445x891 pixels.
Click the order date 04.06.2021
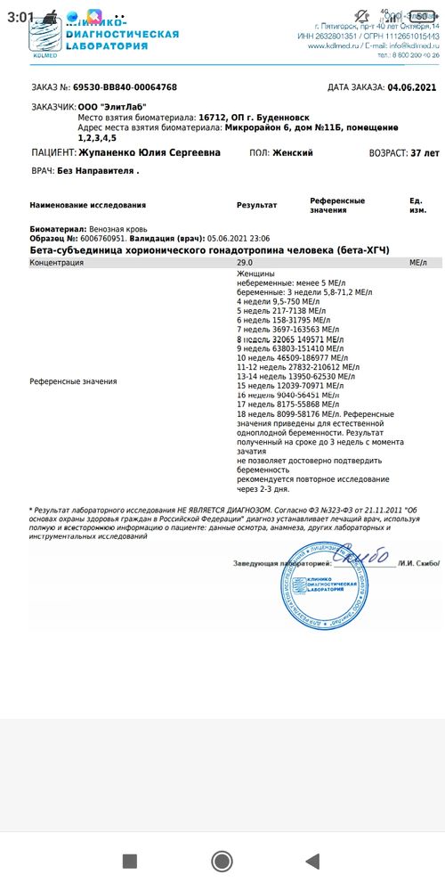click(x=414, y=87)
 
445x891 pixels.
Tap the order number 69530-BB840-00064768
click(x=125, y=87)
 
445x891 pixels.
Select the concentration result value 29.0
click(x=244, y=264)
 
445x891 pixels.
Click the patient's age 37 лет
click(x=417, y=153)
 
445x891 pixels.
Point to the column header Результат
click(x=256, y=205)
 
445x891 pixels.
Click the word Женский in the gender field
click(x=293, y=153)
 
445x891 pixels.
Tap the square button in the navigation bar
click(x=129, y=860)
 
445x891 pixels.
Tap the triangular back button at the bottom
click(x=312, y=860)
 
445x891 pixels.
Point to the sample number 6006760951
click(x=97, y=239)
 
